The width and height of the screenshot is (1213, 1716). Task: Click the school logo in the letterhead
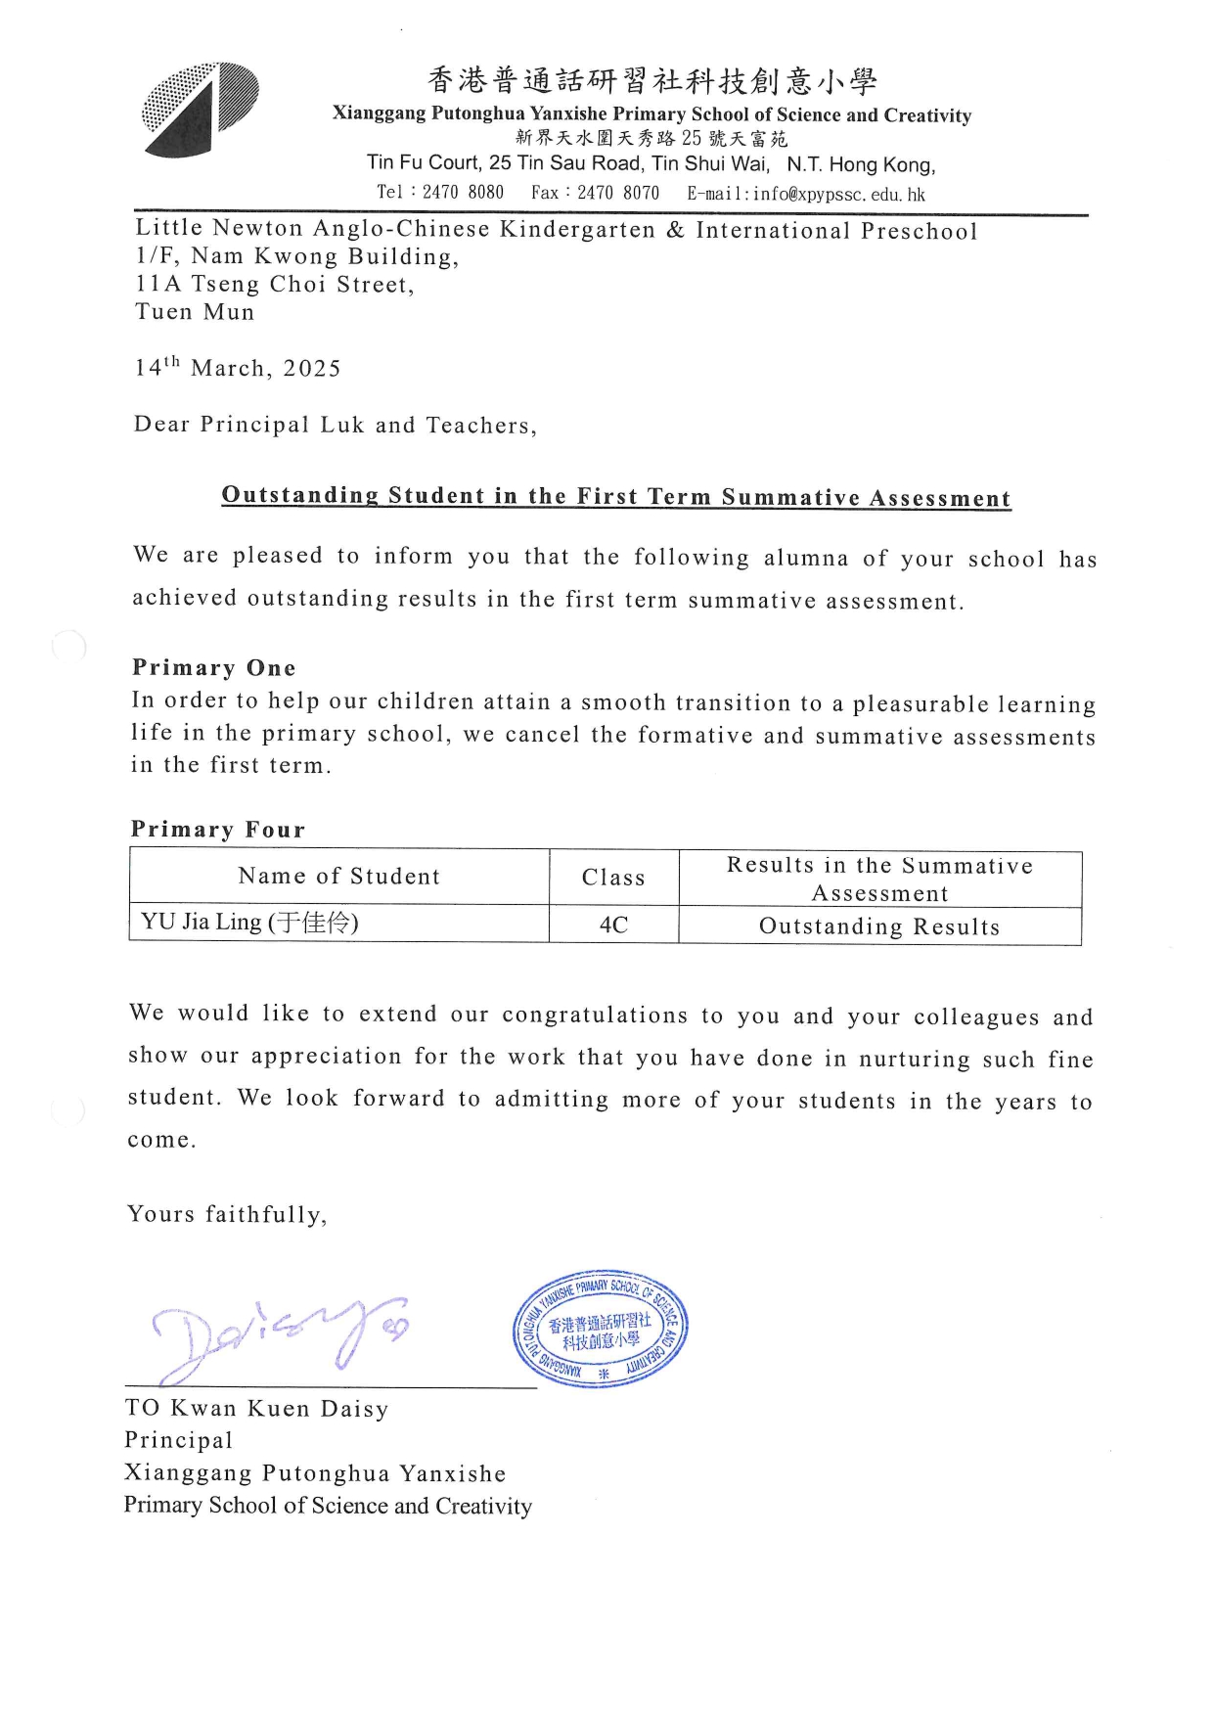(x=201, y=110)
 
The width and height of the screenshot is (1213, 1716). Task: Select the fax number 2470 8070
(x=618, y=193)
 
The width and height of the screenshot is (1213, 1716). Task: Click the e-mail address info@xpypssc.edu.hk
(x=838, y=194)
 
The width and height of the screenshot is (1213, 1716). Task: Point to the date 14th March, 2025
(x=238, y=368)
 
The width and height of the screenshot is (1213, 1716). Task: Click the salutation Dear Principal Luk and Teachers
(x=335, y=425)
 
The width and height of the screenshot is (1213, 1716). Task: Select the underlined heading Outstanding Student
(x=615, y=496)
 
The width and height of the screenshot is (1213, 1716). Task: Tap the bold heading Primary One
(x=213, y=668)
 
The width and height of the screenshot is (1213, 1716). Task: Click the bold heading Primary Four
(x=218, y=830)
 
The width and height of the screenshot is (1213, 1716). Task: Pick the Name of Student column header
(x=338, y=877)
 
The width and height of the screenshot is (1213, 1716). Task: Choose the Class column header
(x=613, y=878)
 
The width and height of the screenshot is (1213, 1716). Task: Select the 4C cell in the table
(x=613, y=925)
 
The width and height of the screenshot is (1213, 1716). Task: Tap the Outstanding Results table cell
(x=879, y=926)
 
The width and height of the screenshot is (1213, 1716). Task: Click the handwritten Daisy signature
(x=279, y=1335)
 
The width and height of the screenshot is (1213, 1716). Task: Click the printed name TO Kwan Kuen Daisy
(x=256, y=1409)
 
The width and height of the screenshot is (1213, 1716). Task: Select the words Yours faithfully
(x=227, y=1215)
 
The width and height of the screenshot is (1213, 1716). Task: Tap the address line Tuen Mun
(x=195, y=312)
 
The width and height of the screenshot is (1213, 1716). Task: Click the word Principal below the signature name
(x=179, y=1440)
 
